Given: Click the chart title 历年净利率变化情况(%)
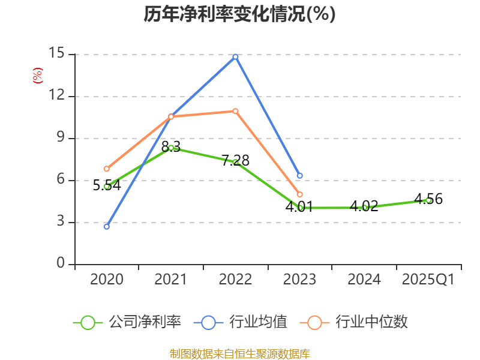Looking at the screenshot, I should [239, 14].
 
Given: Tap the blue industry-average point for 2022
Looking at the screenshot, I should [235, 56].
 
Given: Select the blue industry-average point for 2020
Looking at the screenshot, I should [107, 226].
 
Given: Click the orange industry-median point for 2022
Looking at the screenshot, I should [235, 111].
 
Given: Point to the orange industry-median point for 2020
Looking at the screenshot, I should [107, 169].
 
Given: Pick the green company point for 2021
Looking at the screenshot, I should [171, 148].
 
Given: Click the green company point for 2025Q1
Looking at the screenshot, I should [428, 200].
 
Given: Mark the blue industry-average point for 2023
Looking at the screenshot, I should [299, 176].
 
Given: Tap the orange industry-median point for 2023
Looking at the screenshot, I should [299, 194].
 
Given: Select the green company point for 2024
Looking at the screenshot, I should [364, 208].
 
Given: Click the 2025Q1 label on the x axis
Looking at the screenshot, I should [428, 280].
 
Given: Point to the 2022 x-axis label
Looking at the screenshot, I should [235, 280].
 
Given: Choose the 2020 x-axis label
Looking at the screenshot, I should [107, 280].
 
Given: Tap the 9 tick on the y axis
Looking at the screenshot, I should [61, 138].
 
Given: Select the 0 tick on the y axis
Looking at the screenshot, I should [61, 264].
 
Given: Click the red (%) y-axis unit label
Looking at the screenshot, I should [37, 76].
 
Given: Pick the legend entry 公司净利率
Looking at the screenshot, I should [127, 322].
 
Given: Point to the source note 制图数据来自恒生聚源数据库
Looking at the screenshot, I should [239, 353].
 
